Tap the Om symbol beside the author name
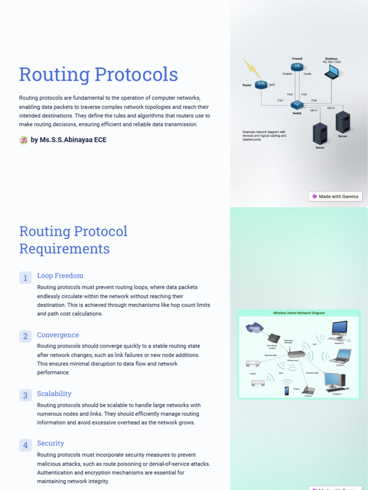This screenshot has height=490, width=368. point(23,140)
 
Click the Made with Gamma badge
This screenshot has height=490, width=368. point(335,196)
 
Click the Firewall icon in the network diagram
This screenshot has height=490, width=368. point(297,66)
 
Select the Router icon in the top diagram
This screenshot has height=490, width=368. point(261,85)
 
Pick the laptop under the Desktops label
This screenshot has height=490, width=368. point(331,72)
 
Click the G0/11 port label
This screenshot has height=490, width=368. point(314,111)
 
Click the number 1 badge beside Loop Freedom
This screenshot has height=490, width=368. point(25,278)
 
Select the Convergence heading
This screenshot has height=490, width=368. point(58,335)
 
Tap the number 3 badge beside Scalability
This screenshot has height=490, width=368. point(25,395)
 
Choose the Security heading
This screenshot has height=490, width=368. point(50,443)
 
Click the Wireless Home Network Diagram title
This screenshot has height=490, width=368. point(299,313)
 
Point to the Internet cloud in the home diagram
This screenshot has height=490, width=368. point(254,328)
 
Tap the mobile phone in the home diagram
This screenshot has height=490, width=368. point(287,390)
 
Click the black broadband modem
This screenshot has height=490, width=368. point(274,338)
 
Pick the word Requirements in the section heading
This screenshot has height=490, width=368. point(64,249)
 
